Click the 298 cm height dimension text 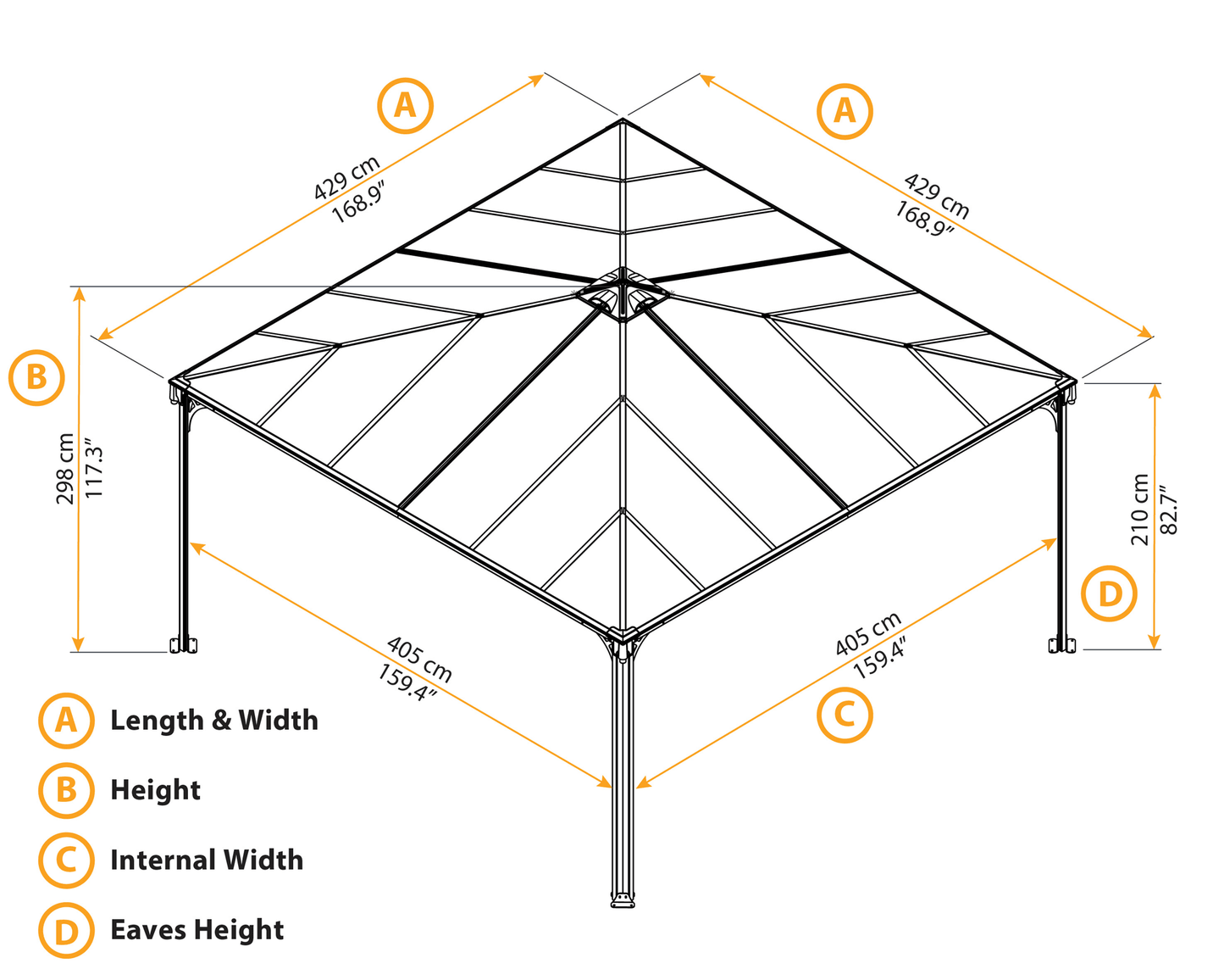pyautogui.click(x=65, y=469)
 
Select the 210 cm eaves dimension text pyautogui.click(x=1139, y=509)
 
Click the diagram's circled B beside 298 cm pyautogui.click(x=36, y=376)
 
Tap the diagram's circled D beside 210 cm pyautogui.click(x=1110, y=594)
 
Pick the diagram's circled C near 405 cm pyautogui.click(x=845, y=715)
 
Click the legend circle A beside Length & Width pyautogui.click(x=65, y=721)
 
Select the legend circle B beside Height pyautogui.click(x=65, y=790)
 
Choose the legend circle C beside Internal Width pyautogui.click(x=65, y=860)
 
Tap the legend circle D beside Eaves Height pyautogui.click(x=65, y=931)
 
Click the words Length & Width pyautogui.click(x=214, y=721)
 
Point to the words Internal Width pyautogui.click(x=207, y=860)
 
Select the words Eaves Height pyautogui.click(x=197, y=930)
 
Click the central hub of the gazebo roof pyautogui.click(x=623, y=293)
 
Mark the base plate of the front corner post pyautogui.click(x=623, y=900)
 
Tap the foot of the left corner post pyautogui.click(x=184, y=645)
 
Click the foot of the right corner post pyautogui.click(x=1062, y=645)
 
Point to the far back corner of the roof pyautogui.click(x=623, y=120)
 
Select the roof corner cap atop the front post pyautogui.click(x=623, y=635)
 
